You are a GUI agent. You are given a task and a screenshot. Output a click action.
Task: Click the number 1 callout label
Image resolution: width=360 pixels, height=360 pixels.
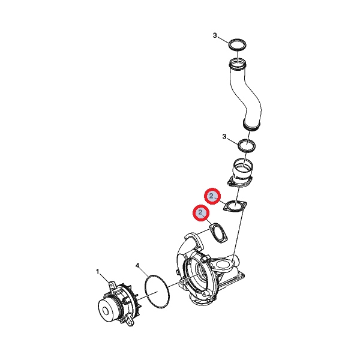[x=98, y=272]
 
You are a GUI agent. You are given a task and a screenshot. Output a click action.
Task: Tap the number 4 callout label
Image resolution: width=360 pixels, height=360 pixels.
[x=137, y=266]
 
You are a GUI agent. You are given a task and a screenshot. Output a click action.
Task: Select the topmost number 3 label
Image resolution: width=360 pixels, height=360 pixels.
[x=215, y=35]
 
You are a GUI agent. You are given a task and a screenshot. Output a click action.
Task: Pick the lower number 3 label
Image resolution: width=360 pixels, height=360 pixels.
[x=224, y=137]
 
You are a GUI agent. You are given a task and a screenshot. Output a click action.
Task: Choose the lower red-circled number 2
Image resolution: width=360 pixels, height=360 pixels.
[x=201, y=213]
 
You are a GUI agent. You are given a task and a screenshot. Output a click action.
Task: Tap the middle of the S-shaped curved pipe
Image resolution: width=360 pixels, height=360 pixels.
[x=247, y=94]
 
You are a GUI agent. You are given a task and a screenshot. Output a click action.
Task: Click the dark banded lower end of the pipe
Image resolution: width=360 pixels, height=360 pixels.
[x=251, y=126]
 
